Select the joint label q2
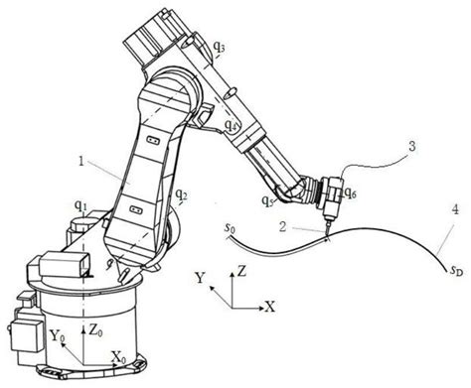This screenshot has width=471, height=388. (181, 196)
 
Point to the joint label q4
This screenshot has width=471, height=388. (232, 126)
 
